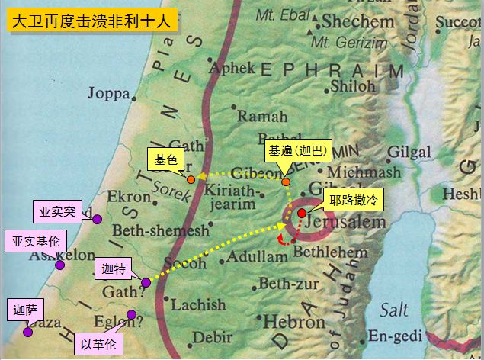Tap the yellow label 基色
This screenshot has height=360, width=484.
[x=165, y=160]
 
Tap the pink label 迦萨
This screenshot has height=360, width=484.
[x=24, y=310]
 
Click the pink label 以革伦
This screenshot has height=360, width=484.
[x=99, y=343]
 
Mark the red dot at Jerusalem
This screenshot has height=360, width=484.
[x=302, y=212]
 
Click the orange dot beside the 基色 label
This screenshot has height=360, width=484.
[x=191, y=179]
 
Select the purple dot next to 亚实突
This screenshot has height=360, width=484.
[x=98, y=220]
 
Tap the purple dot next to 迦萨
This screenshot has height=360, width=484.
[x=28, y=332]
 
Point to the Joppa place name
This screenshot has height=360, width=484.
[x=109, y=94]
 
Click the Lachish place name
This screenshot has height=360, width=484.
[x=197, y=305]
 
